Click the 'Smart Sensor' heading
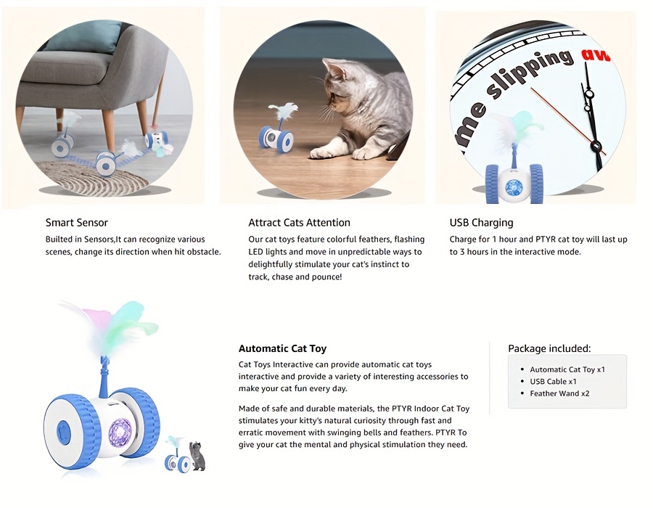(77, 223)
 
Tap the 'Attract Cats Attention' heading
(299, 223)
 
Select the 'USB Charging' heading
(482, 223)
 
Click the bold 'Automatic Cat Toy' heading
(282, 348)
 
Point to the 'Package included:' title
(549, 348)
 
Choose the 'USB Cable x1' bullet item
(553, 382)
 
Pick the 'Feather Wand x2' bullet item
(559, 393)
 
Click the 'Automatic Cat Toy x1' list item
(567, 369)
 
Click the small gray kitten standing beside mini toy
(198, 456)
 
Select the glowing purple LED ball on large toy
(120, 431)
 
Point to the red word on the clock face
(596, 55)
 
